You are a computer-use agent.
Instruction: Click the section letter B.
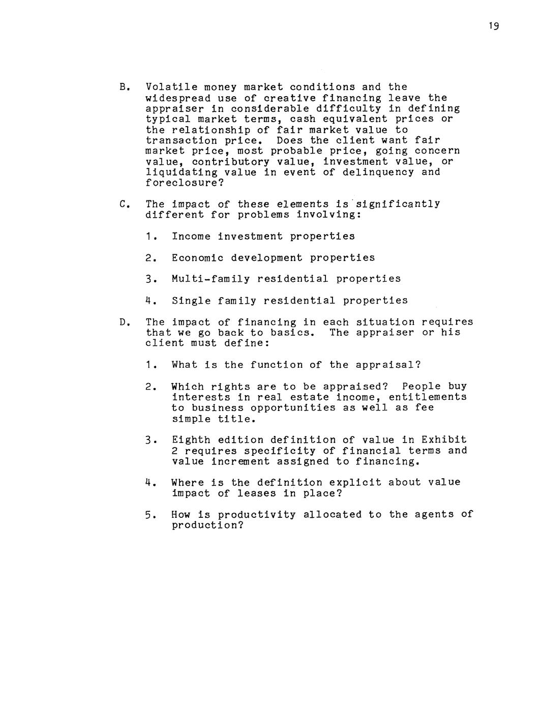click(x=124, y=87)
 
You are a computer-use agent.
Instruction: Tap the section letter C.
click(x=124, y=204)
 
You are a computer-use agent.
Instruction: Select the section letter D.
click(x=124, y=322)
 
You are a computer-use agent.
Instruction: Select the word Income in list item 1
click(x=191, y=237)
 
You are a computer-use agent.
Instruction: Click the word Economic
click(x=197, y=258)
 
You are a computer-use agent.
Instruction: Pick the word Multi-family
click(x=211, y=279)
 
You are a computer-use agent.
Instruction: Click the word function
click(x=277, y=365)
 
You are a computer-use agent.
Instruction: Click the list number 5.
click(x=148, y=515)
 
